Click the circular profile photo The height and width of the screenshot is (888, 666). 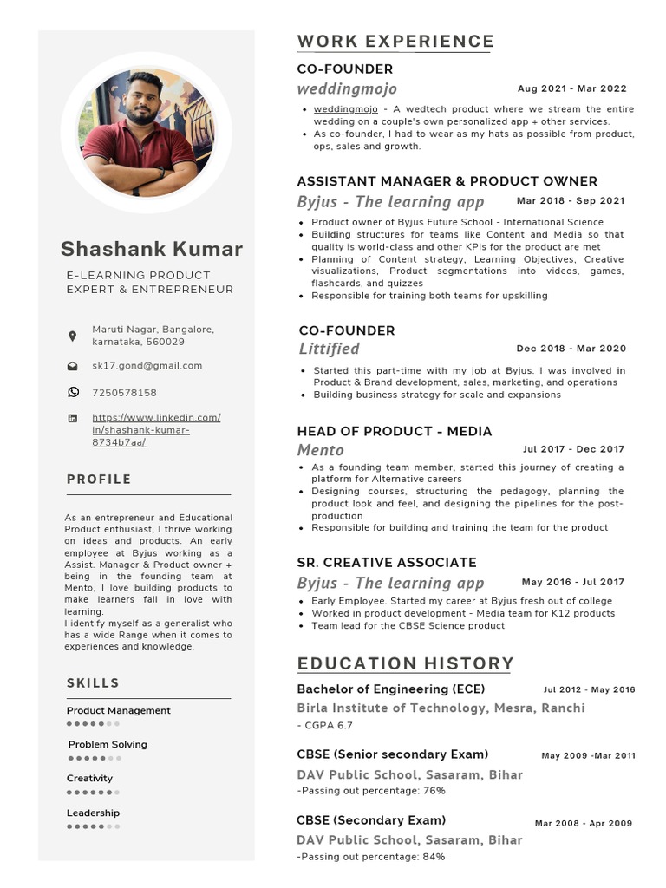(146, 133)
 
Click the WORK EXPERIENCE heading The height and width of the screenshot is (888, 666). (395, 42)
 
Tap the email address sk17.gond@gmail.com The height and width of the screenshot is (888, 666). (147, 366)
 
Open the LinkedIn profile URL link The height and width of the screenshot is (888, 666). (156, 430)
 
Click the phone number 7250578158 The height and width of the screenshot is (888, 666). (124, 393)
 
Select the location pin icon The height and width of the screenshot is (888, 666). (73, 336)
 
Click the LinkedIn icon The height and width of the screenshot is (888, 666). (73, 418)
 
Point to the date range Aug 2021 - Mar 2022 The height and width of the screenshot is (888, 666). (571, 88)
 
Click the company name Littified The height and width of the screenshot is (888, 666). (329, 349)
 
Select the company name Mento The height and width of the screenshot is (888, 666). (320, 450)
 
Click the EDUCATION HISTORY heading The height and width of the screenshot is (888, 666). (405, 664)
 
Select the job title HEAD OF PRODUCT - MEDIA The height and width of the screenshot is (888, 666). (394, 431)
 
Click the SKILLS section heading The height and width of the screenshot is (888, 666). (93, 683)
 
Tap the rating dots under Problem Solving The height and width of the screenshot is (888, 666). (94, 758)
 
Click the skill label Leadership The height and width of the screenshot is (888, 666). (93, 813)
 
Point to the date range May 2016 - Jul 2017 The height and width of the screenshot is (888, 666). (572, 583)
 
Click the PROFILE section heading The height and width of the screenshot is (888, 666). (99, 480)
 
